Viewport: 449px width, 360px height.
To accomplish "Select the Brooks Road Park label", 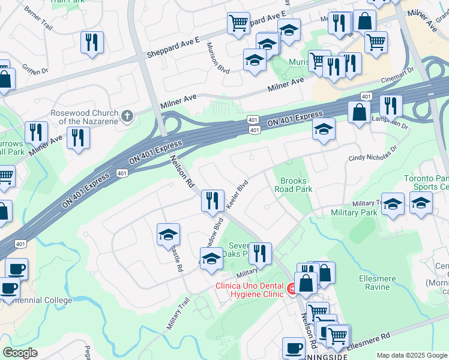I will (294, 185).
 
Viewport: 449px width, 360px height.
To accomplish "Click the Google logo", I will (20, 353).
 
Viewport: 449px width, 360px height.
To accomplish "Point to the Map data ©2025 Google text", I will (412, 355).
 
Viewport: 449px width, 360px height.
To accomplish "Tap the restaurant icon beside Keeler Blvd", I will (212, 200).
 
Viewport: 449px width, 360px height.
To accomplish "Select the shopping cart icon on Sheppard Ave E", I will (238, 23).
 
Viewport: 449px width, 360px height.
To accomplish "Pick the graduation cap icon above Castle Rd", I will (168, 234).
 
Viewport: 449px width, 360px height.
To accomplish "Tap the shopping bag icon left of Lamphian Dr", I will (359, 112).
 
